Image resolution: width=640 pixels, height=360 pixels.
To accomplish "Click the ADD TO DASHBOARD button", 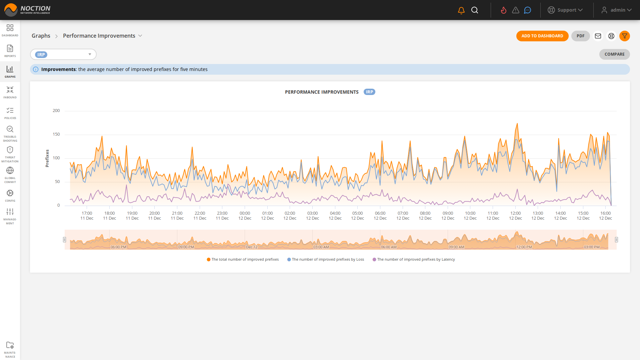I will (x=542, y=36).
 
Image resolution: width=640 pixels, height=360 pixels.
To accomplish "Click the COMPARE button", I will (x=614, y=54).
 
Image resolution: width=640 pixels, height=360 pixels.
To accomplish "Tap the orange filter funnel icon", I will (x=624, y=36).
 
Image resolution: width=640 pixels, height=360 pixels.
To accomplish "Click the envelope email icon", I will (x=598, y=36).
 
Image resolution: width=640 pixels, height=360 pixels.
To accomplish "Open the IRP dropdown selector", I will (x=63, y=54).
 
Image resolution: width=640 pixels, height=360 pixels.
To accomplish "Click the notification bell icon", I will (x=461, y=10).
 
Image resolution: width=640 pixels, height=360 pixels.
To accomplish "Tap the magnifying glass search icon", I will (x=475, y=10).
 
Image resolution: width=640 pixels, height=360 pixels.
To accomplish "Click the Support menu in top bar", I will (x=565, y=10).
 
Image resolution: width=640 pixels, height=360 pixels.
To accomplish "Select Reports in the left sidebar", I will (x=10, y=51).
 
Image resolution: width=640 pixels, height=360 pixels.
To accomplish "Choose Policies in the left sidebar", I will (x=10, y=113).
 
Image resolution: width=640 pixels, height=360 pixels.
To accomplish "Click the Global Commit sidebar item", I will (x=10, y=175).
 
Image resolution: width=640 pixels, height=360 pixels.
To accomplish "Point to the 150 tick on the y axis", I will (x=56, y=134).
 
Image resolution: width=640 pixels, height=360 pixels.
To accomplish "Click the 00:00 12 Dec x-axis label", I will (x=245, y=216).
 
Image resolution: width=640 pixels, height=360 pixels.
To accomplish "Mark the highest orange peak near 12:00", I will (x=517, y=124).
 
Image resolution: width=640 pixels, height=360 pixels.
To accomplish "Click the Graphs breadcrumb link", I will (x=41, y=36).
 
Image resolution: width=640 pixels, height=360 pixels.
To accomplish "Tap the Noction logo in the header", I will (x=27, y=10).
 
